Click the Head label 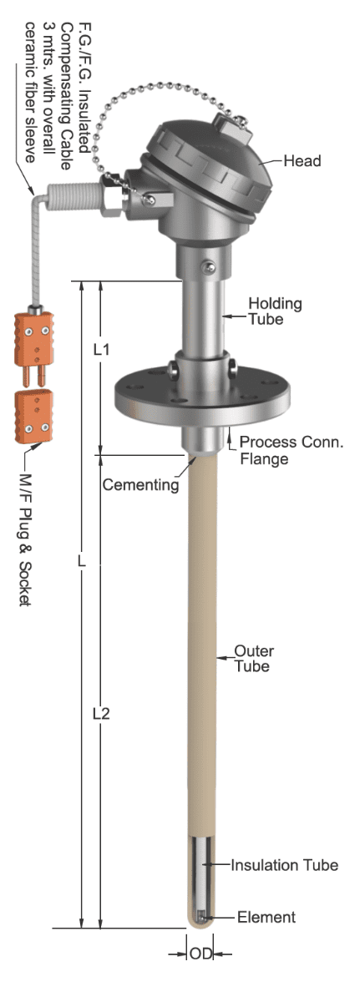click(302, 160)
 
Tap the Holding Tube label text click(275, 311)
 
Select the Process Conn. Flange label click(292, 450)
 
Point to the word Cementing click(140, 484)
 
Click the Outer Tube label click(254, 658)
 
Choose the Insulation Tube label click(285, 865)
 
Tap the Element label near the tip click(266, 917)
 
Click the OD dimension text click(200, 954)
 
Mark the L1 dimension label click(102, 349)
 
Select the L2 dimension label click(101, 713)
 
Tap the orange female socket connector click(33, 416)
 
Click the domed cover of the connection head click(211, 162)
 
